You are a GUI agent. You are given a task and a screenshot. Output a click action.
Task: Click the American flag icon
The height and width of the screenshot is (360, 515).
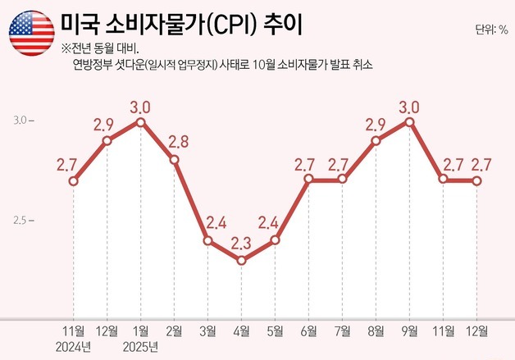(x=32, y=34)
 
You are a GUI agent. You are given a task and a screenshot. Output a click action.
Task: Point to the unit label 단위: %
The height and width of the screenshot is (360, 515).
(x=490, y=30)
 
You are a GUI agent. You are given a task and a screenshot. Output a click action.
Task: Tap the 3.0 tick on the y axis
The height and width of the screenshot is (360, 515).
(x=24, y=121)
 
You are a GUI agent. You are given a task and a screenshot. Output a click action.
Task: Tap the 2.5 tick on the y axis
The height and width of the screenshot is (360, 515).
(x=24, y=221)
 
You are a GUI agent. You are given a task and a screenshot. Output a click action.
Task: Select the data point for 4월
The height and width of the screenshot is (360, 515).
(x=241, y=261)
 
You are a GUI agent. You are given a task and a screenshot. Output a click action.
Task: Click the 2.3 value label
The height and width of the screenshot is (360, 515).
(x=241, y=243)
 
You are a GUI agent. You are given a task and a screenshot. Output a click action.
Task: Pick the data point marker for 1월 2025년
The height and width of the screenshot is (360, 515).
(x=140, y=121)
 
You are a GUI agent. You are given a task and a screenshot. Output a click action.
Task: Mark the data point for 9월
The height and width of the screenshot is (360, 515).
(x=409, y=121)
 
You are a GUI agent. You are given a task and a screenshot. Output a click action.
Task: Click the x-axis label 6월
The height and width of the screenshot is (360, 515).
(x=308, y=331)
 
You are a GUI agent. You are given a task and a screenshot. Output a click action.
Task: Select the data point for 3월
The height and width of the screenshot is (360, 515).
(x=207, y=241)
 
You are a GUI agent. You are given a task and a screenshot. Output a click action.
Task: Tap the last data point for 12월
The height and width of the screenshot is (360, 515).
(x=476, y=180)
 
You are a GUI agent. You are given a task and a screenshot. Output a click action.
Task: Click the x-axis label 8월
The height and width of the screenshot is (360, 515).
(x=376, y=331)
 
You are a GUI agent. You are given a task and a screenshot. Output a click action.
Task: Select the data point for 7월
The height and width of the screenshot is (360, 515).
(x=342, y=180)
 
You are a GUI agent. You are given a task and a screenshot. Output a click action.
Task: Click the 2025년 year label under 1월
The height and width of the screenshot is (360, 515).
(x=140, y=347)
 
